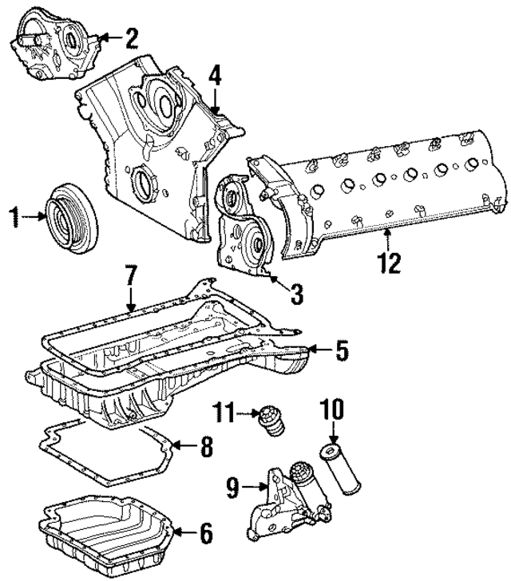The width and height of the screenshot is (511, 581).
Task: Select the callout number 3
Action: coord(297,294)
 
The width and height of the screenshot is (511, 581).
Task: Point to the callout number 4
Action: coord(214,77)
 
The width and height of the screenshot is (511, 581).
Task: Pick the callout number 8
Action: coord(205,446)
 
